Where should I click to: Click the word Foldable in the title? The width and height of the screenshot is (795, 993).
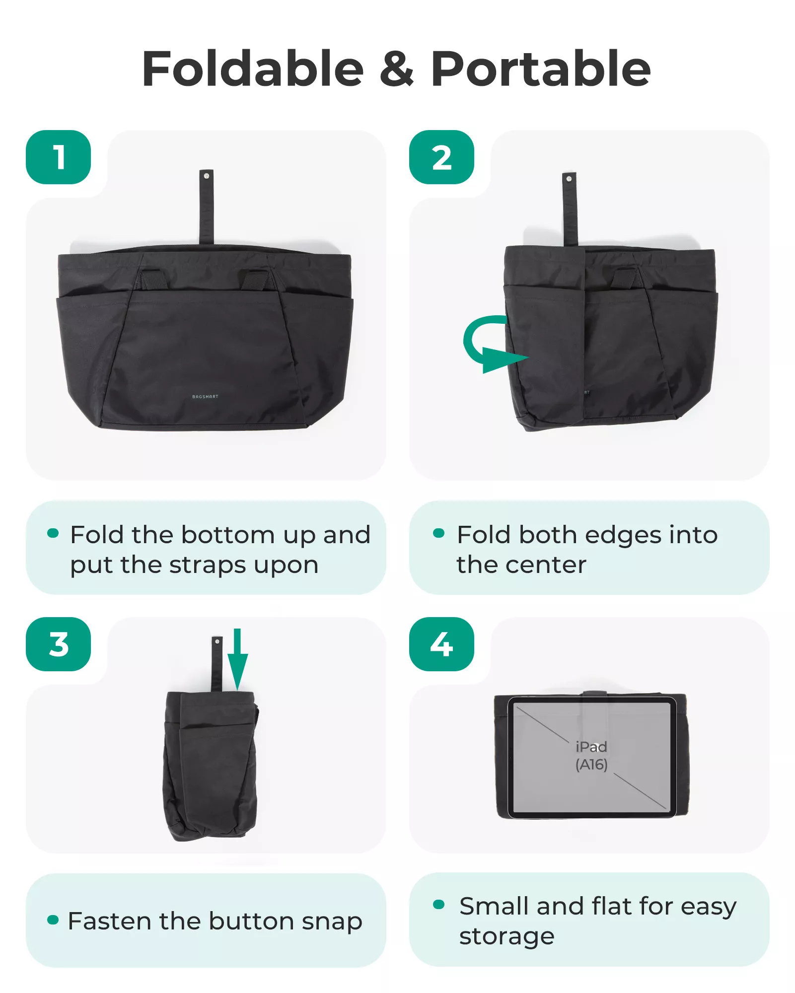[253, 69]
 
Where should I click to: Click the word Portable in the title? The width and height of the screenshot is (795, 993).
[541, 69]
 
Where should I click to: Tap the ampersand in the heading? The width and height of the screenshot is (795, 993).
[397, 69]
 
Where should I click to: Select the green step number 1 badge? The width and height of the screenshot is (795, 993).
[59, 157]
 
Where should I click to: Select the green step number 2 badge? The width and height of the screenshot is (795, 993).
[441, 157]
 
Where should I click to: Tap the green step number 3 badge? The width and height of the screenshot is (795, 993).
[59, 644]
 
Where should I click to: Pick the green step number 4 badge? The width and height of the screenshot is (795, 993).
[441, 644]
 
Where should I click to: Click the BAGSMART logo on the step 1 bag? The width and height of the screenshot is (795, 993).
[205, 397]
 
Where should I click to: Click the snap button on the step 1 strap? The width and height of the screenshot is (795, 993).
[207, 176]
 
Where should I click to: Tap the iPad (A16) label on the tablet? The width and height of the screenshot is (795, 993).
[591, 755]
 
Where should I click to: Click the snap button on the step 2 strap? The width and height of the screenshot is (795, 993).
[569, 179]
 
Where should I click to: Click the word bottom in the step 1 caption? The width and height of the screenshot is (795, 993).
[228, 535]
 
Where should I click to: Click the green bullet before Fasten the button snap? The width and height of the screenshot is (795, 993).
[53, 920]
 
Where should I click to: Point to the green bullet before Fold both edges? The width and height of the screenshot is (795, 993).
[438, 533]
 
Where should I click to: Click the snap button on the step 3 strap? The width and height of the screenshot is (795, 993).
[217, 642]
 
